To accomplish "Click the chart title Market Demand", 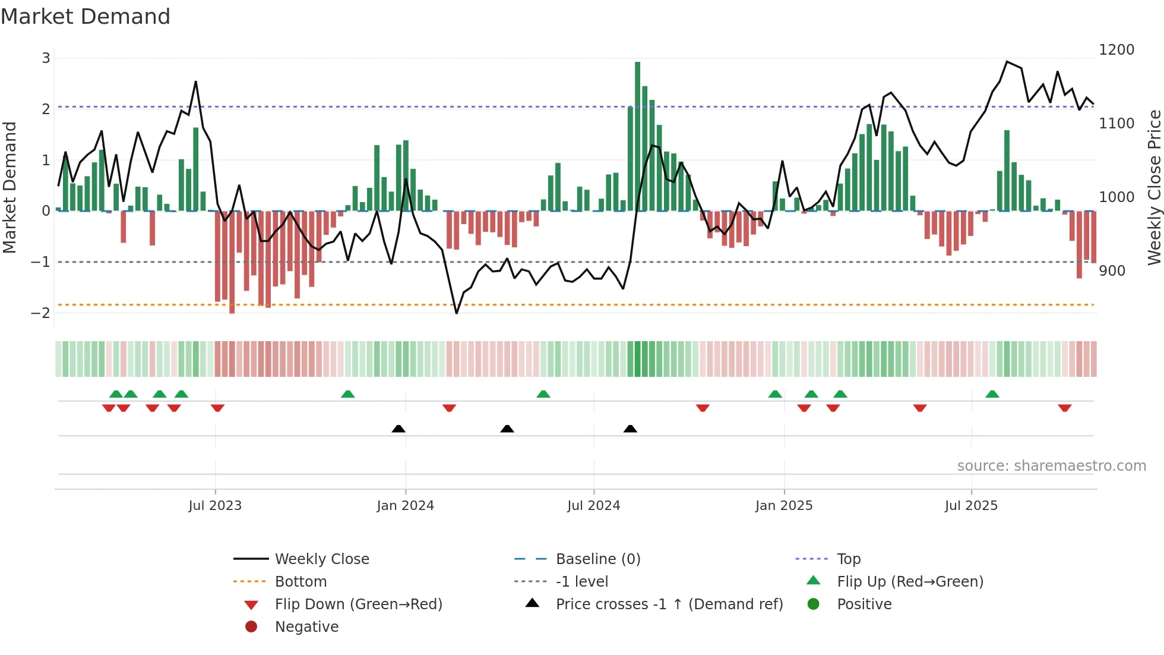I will pyautogui.click(x=86, y=17).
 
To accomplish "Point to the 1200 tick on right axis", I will pyautogui.click(x=1116, y=50).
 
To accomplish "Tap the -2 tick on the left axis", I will pyautogui.click(x=41, y=313).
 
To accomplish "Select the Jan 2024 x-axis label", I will pyautogui.click(x=405, y=506).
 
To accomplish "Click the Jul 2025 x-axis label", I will pyautogui.click(x=971, y=506).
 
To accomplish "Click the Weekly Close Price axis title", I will pyautogui.click(x=1154, y=187).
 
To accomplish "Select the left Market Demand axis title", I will pyautogui.click(x=10, y=187).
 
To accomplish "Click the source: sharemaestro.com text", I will pyautogui.click(x=1051, y=466).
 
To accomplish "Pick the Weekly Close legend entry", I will pyautogui.click(x=321, y=559).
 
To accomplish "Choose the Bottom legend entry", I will pyautogui.click(x=301, y=581).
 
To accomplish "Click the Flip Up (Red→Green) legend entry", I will pyautogui.click(x=910, y=581).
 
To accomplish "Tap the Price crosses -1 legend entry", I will pyautogui.click(x=669, y=604).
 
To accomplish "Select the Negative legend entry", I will pyautogui.click(x=306, y=626).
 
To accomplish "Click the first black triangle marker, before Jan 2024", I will pyautogui.click(x=398, y=429).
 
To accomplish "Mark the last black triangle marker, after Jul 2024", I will pyautogui.click(x=630, y=429).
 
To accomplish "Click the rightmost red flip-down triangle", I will pyautogui.click(x=1064, y=408).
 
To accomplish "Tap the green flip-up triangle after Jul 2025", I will pyautogui.click(x=992, y=394).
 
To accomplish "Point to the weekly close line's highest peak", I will pyautogui.click(x=1007, y=62).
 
